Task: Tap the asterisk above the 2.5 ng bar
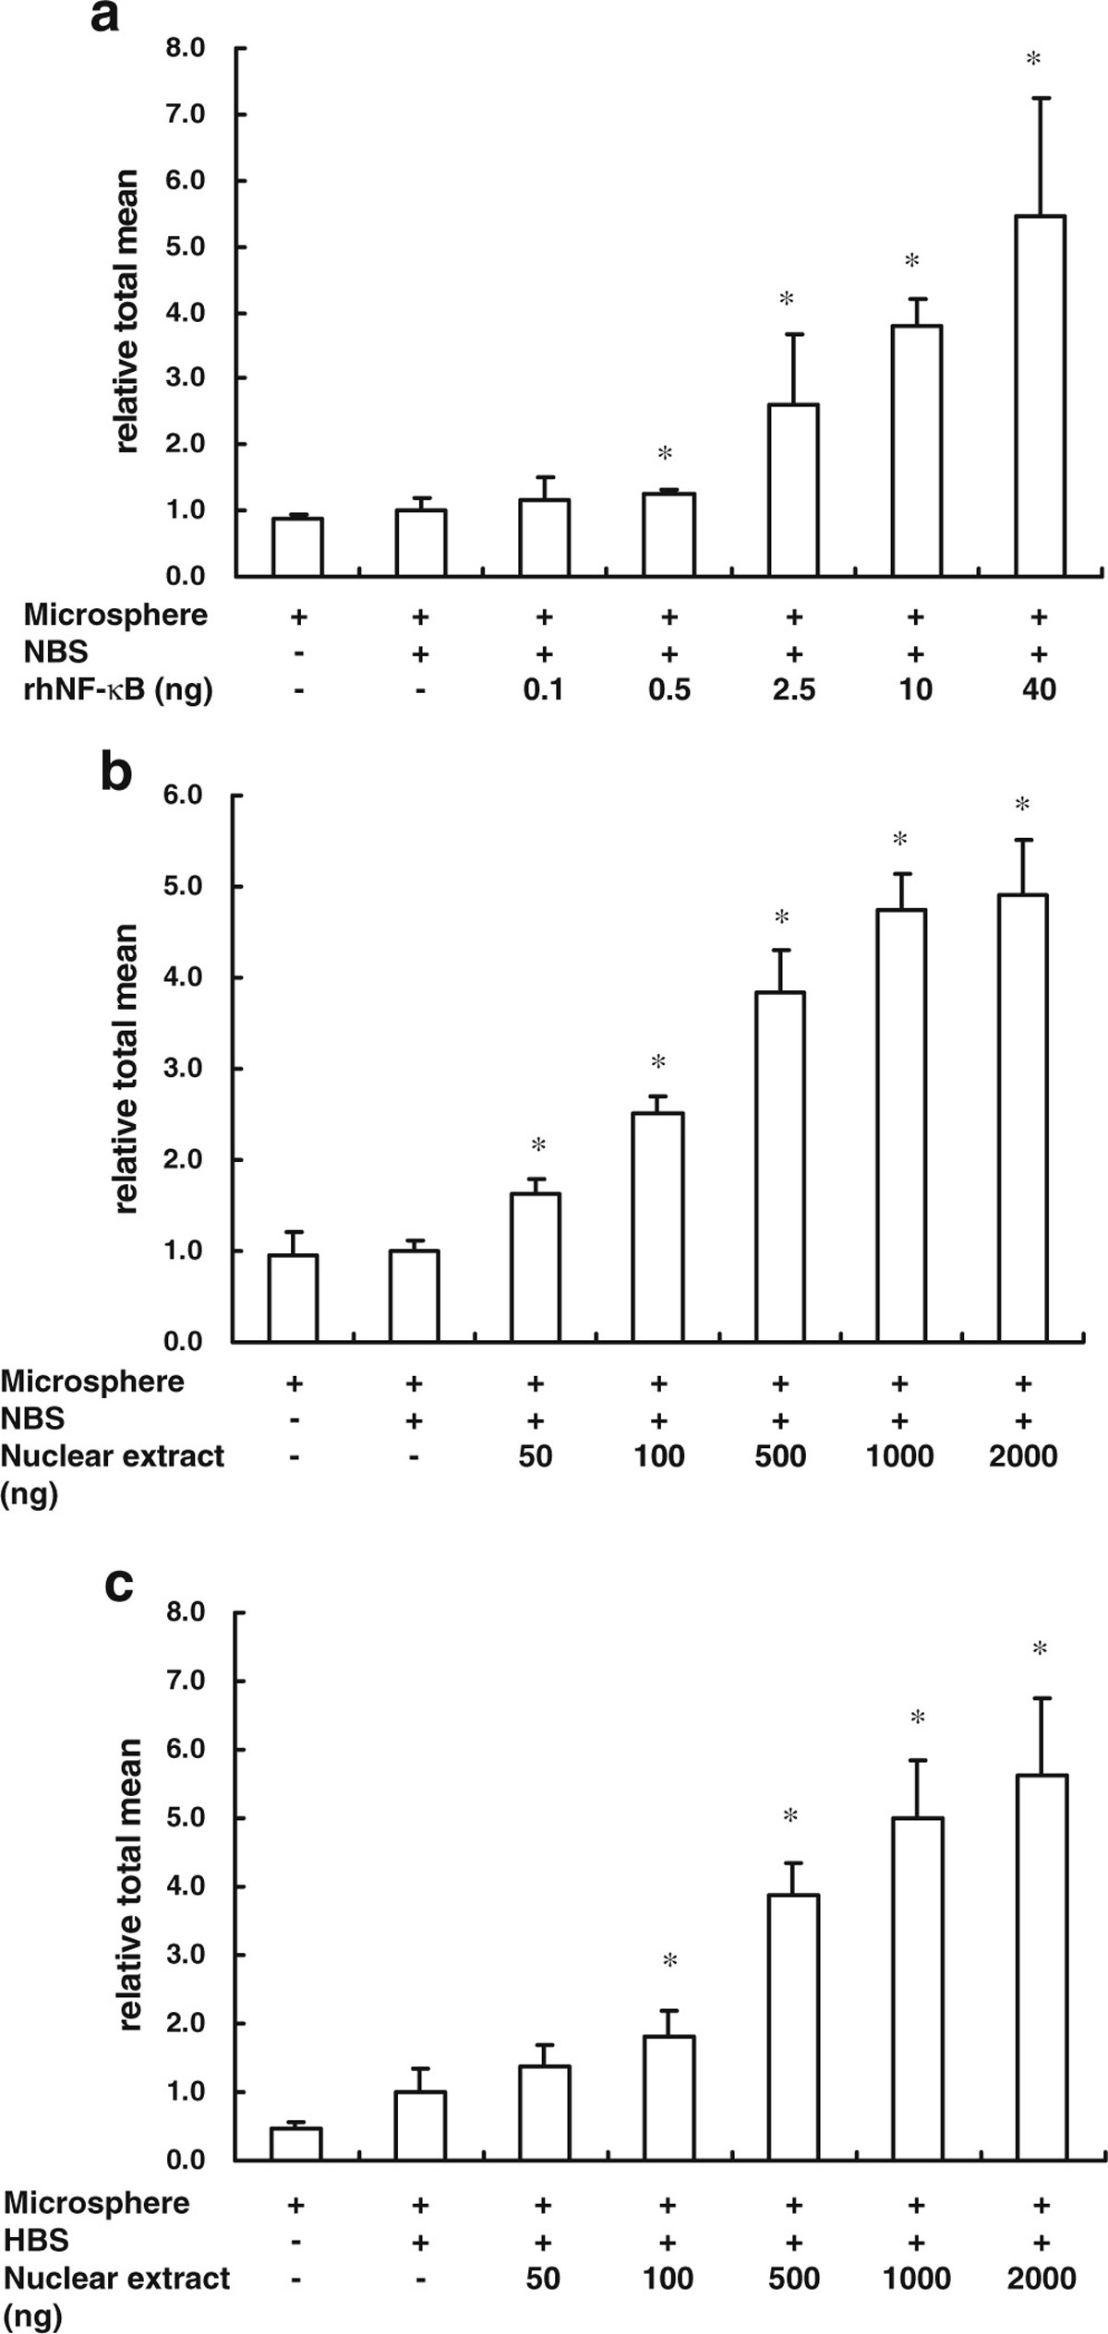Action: pos(787,299)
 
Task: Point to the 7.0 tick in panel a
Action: pos(185,114)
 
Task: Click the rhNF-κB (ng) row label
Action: pos(117,689)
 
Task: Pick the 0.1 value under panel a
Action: pos(543,689)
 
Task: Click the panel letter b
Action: pos(116,773)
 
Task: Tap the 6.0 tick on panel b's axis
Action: pos(182,796)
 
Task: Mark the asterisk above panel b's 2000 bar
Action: pos(1022,805)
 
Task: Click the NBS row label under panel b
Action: pos(32,1418)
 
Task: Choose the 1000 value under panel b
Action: pos(899,1455)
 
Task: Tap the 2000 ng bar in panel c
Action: pos(1042,1967)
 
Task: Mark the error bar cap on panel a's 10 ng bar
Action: pos(916,298)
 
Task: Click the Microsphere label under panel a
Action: pos(115,615)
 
